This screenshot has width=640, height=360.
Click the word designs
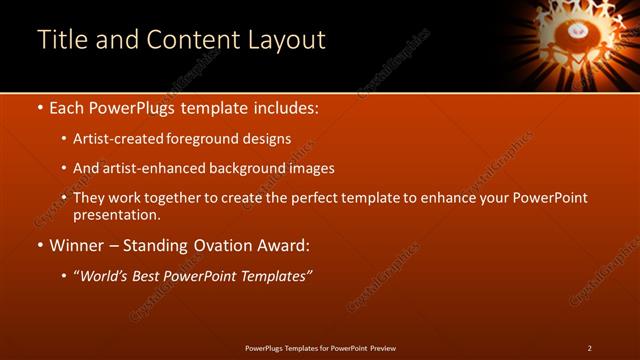(x=267, y=139)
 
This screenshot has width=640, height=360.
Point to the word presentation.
(x=116, y=215)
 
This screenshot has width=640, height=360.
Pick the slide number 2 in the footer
(x=590, y=348)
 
